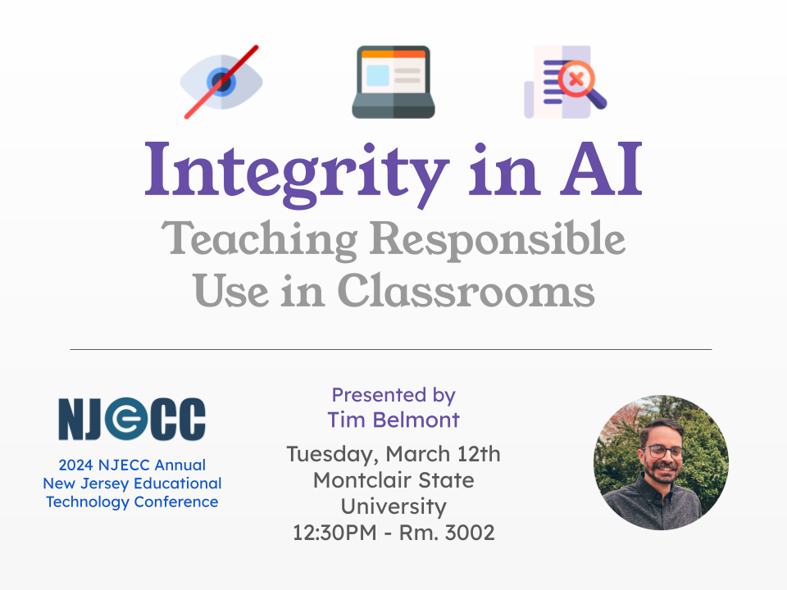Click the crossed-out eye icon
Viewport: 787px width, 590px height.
(x=221, y=82)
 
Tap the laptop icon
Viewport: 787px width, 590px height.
(x=393, y=82)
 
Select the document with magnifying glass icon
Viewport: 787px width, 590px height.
(x=565, y=82)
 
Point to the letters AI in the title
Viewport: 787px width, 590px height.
(x=601, y=170)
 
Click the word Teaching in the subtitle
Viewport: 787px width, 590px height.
(x=260, y=240)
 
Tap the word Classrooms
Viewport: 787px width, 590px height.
(x=466, y=290)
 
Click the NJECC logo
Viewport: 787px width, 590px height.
(x=132, y=419)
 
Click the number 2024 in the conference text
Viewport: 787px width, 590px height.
(x=75, y=465)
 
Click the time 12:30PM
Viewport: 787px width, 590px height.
(x=334, y=533)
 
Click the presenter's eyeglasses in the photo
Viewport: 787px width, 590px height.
(x=664, y=452)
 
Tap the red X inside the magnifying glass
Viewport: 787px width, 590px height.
(x=576, y=79)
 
